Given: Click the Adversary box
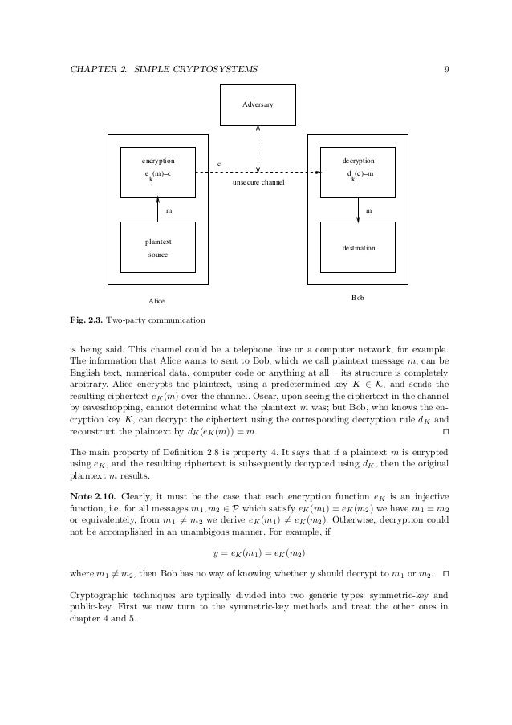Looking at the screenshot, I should [x=258, y=104].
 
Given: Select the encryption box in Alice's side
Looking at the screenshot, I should [x=158, y=172].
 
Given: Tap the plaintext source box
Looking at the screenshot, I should [x=158, y=247].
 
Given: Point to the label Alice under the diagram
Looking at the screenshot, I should [x=156, y=301].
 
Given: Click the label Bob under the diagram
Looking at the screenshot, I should [x=358, y=298].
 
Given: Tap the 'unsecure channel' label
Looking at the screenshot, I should [x=258, y=183].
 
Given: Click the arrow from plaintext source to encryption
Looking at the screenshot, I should [x=158, y=209].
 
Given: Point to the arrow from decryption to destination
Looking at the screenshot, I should [x=358, y=209].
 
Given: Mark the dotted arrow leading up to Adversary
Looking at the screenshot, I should [x=258, y=149].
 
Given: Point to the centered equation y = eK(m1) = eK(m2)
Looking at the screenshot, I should [x=258, y=555].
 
